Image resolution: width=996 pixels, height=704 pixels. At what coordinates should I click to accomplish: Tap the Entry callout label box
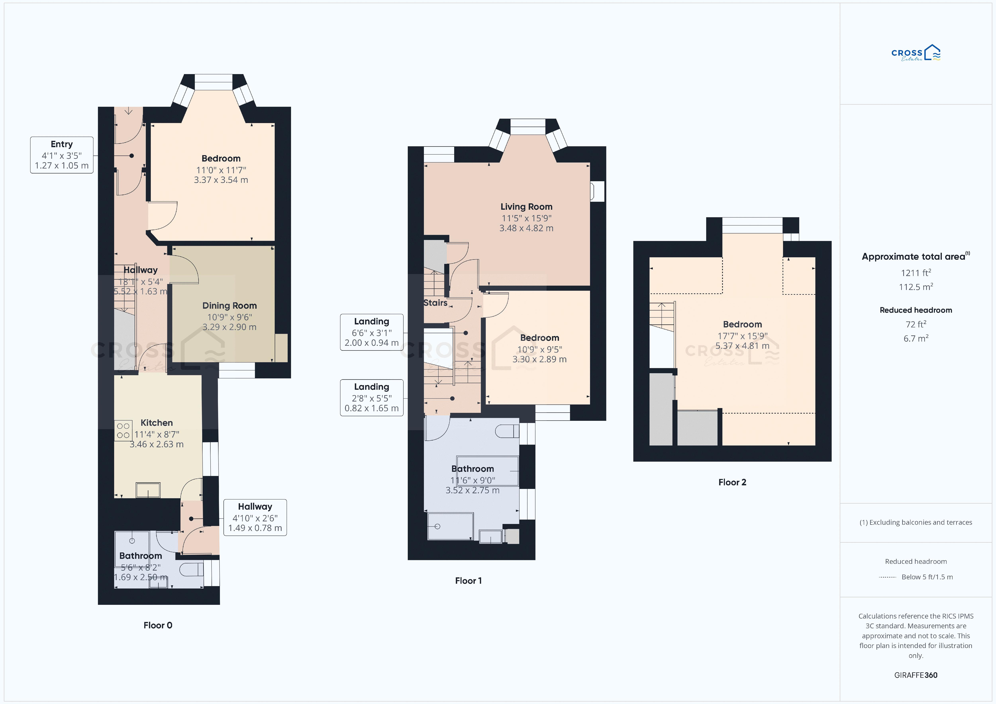tap(62, 155)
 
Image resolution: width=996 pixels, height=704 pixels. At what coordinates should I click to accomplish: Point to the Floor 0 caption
tap(158, 625)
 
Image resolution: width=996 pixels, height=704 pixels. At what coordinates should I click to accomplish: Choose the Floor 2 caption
tap(732, 482)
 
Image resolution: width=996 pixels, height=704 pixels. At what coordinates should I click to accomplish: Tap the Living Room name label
tap(526, 207)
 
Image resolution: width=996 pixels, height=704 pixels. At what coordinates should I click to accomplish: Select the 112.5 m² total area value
tap(916, 287)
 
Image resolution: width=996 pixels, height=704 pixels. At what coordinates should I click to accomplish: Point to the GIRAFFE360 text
tap(916, 675)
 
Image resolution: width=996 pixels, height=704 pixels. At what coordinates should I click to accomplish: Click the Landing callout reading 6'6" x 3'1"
tap(372, 332)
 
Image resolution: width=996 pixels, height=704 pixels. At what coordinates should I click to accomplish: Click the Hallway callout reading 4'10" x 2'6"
tap(255, 517)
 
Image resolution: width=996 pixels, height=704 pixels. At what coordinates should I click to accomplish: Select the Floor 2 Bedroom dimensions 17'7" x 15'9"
tap(742, 336)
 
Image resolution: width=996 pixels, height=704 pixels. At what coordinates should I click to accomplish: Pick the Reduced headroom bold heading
tap(916, 310)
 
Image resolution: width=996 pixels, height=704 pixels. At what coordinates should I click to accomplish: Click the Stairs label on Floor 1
tap(435, 303)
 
